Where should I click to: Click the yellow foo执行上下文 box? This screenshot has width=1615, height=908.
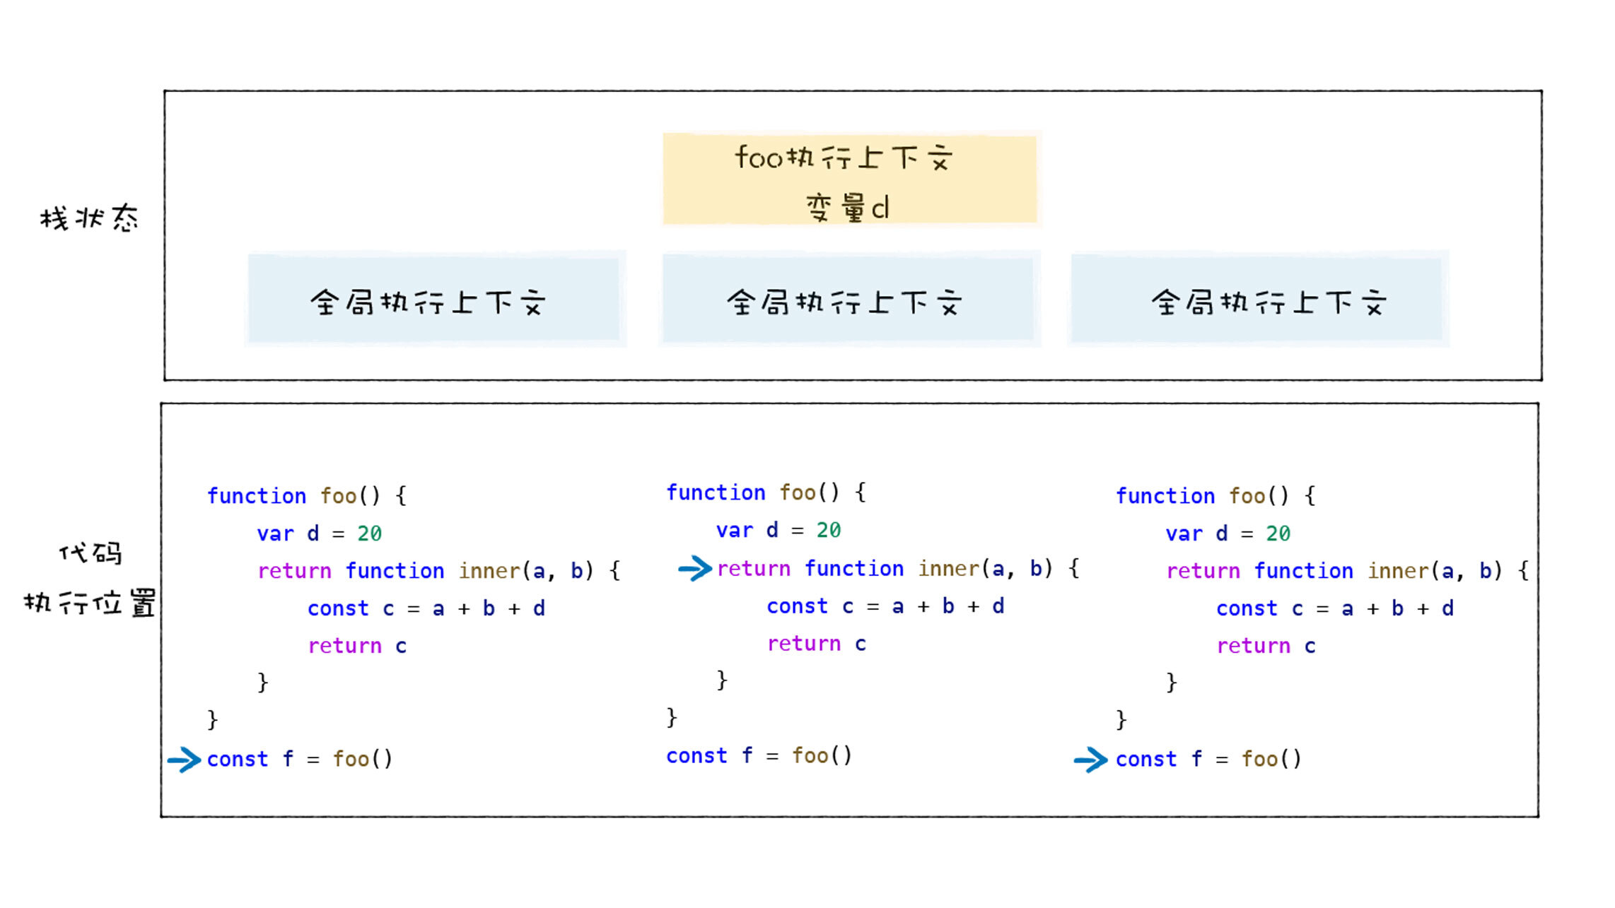849,179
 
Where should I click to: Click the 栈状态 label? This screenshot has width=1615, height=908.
89,218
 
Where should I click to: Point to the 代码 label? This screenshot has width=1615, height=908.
91,553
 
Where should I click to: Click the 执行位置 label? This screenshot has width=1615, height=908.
89,603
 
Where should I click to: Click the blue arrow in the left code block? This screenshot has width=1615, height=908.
185,760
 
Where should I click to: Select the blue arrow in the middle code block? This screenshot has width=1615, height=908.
694,569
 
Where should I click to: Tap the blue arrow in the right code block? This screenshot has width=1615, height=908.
1090,760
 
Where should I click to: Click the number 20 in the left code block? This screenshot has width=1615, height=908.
369,533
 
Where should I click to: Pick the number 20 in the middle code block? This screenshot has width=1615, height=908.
829,530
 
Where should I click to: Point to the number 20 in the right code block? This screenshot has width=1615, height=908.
1278,533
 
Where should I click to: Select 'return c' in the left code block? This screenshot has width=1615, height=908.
357,646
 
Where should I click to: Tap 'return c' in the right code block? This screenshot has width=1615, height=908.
1266,646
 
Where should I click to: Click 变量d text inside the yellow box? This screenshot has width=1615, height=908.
847,208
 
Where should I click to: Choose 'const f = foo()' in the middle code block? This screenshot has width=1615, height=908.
759,756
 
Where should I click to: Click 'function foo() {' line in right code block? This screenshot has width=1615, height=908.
1215,496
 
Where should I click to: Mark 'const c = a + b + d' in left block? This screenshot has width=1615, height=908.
426,608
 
